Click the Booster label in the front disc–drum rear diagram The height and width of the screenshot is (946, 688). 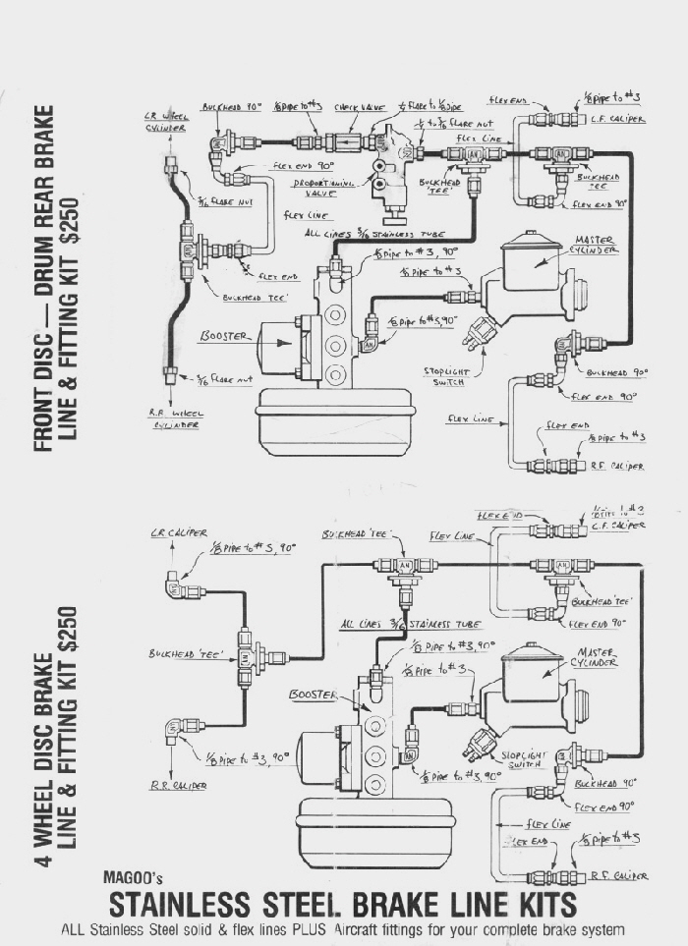click(225, 337)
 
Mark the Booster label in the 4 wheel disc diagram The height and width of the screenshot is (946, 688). click(312, 696)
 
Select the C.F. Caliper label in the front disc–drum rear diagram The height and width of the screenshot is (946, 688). click(618, 120)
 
